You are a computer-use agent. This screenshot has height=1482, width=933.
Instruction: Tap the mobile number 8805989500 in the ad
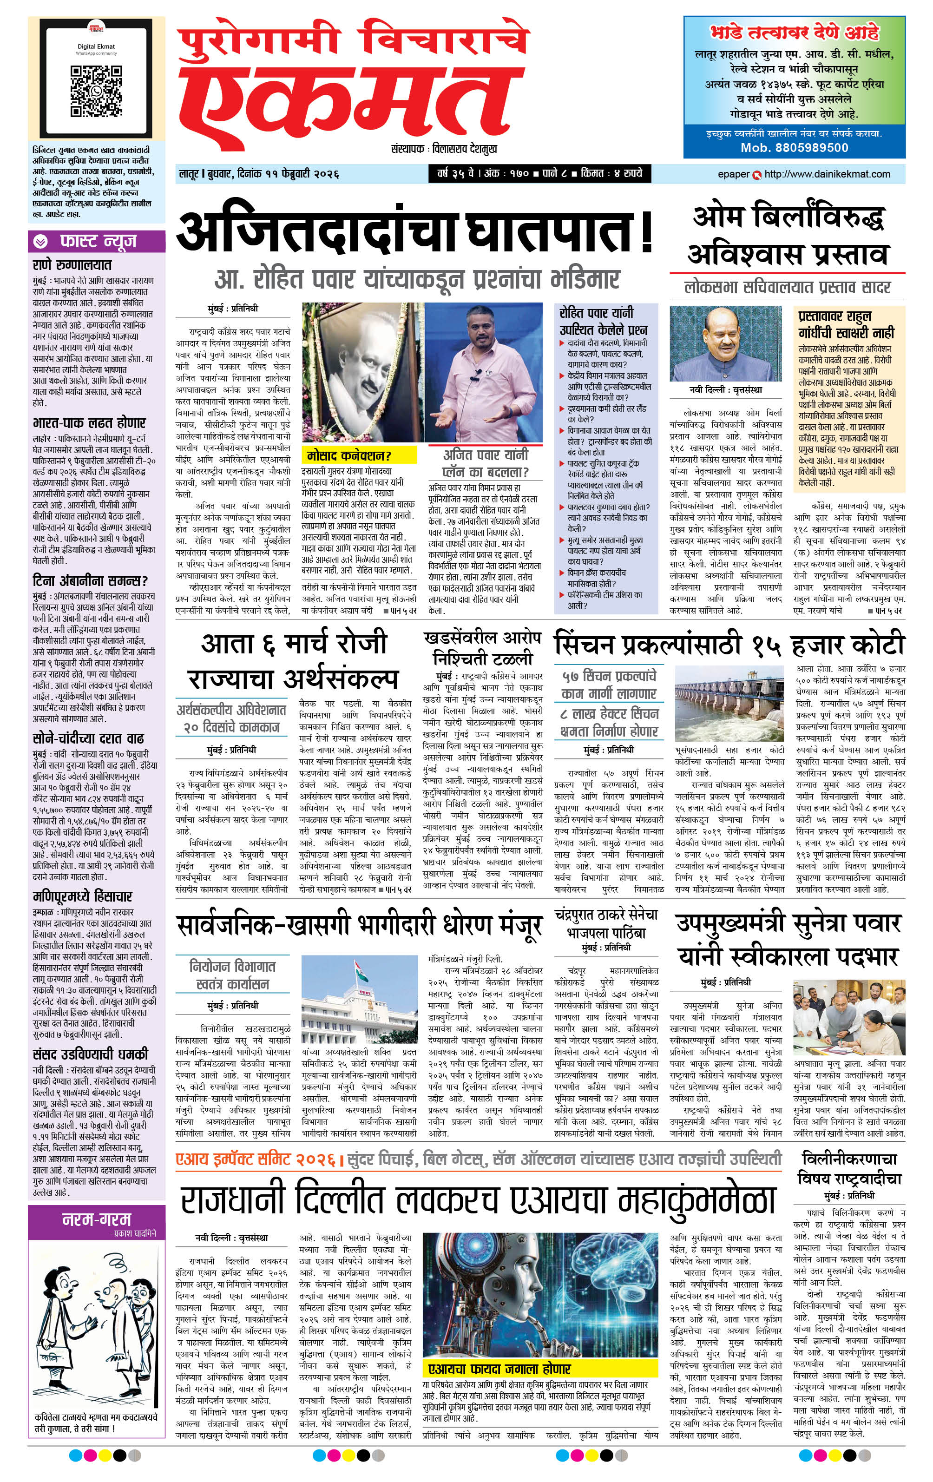tap(794, 148)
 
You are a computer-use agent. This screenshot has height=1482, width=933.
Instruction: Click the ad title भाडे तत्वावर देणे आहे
tap(794, 33)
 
